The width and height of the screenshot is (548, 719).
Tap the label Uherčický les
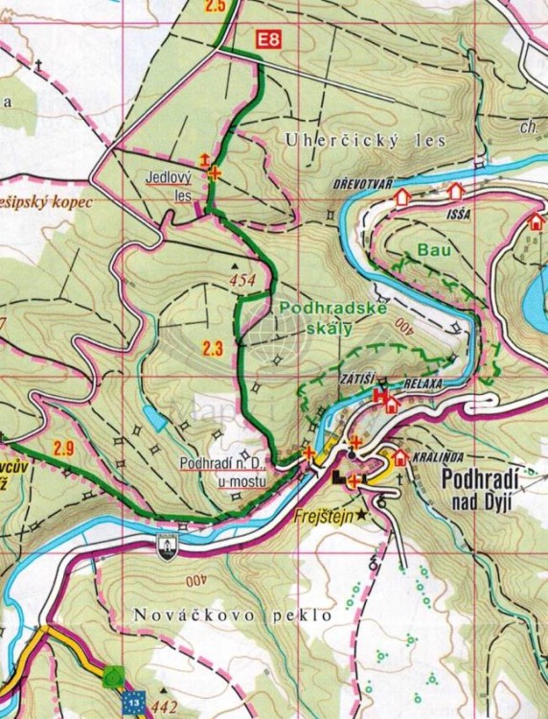(x=366, y=140)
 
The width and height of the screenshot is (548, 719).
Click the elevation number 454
(x=242, y=280)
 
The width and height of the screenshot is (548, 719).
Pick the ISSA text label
(x=457, y=213)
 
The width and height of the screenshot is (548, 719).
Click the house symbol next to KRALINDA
(x=400, y=457)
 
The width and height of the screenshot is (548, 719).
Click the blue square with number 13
(x=134, y=702)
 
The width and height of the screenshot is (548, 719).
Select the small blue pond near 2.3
(x=153, y=418)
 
